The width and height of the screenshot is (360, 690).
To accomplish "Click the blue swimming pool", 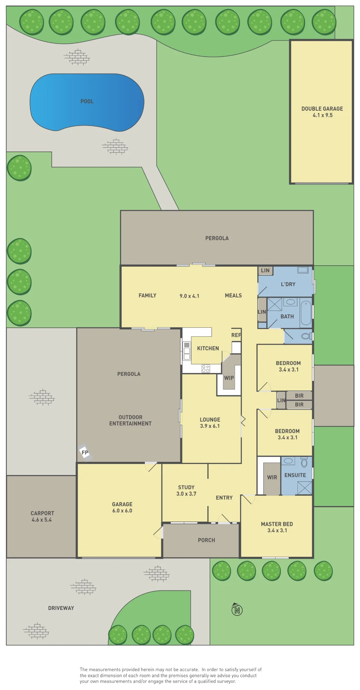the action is pos(87,102).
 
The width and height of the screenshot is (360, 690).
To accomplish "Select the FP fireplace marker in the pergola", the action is pos(85,453).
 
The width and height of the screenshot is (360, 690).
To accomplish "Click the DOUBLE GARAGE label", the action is pos(322,109).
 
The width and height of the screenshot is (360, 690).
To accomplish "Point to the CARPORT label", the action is pos(42,513).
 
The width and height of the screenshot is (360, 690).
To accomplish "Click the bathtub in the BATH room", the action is pos(306,313).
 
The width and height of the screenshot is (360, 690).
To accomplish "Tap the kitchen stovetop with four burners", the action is pos(206,368).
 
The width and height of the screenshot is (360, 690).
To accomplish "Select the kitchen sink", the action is pos(187,351).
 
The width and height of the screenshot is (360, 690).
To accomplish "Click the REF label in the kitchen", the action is pos(236,335).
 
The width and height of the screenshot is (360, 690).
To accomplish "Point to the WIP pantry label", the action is pos(229,378).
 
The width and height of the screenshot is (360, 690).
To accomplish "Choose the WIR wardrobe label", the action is pos(272,477).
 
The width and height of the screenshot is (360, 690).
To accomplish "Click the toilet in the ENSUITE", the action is pos(304,462).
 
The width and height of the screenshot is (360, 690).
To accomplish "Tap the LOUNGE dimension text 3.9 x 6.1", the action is pos(210,426).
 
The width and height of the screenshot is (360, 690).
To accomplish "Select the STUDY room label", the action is pos(186,487).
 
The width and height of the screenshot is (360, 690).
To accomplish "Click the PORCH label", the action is pos(207,540).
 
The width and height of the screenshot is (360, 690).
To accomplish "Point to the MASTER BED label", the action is pos(277,524).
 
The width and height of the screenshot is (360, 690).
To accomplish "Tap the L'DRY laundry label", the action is pos(288,284).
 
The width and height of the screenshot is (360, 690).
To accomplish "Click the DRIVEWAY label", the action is pos(61,608).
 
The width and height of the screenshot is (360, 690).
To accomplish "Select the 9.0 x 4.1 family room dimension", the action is pos(189,296).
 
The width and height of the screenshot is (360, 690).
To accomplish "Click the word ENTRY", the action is pos(224,497).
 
